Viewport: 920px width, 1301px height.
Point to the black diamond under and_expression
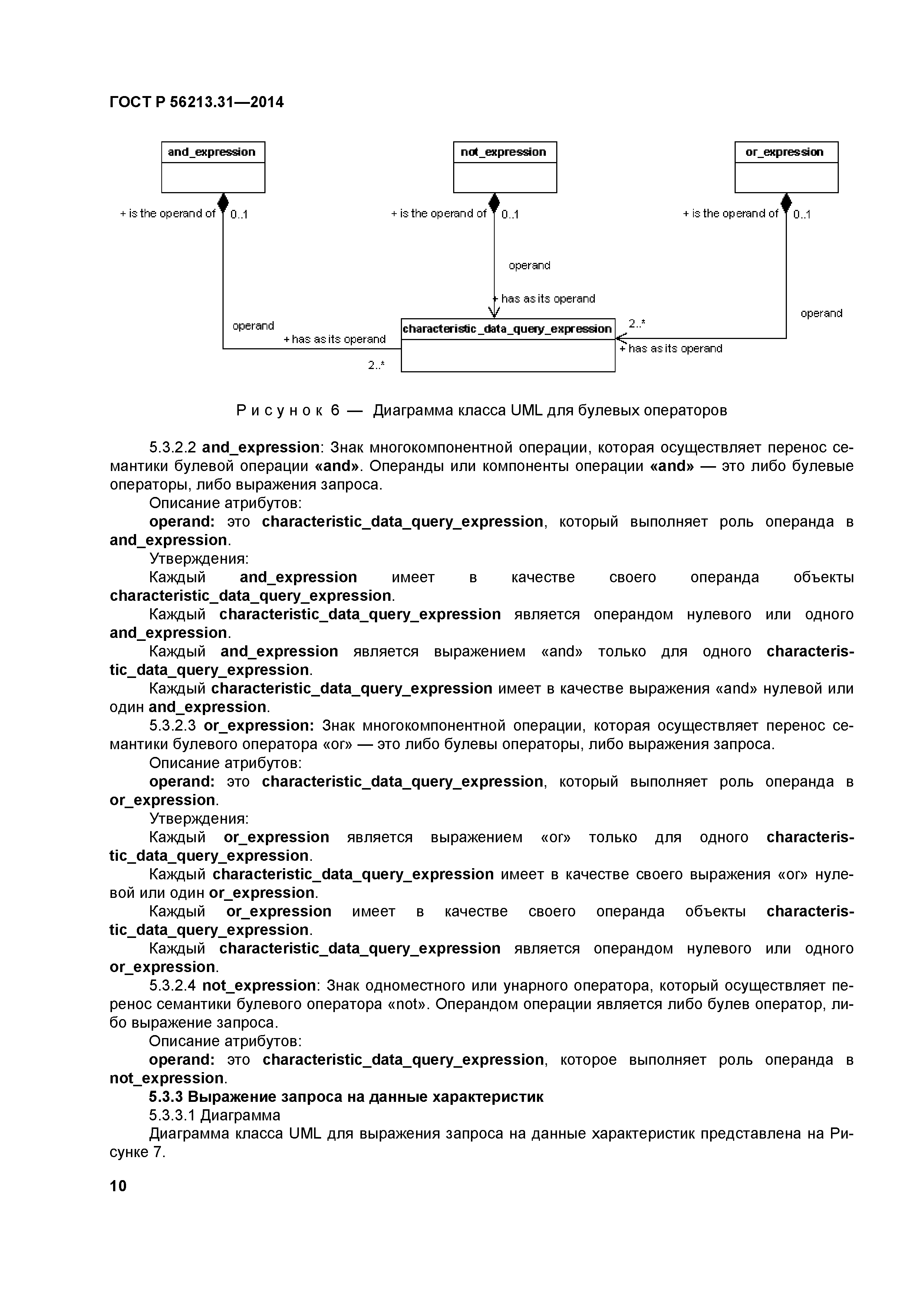click(x=223, y=202)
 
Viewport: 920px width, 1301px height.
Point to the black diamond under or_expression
click(x=786, y=202)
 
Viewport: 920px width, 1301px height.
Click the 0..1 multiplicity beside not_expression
click(x=510, y=214)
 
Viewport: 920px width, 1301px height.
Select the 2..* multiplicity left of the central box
click(x=376, y=365)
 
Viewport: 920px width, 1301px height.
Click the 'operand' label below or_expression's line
click(x=821, y=313)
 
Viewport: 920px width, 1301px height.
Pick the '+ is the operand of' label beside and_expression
click(x=168, y=214)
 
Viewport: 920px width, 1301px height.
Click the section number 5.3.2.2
click(x=172, y=448)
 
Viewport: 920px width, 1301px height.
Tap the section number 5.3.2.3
click(x=172, y=726)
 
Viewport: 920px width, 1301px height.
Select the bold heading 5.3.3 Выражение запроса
click(x=346, y=1097)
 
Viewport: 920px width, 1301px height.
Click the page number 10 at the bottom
click(x=118, y=1186)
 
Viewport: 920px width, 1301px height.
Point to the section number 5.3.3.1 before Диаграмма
click(x=172, y=1115)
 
